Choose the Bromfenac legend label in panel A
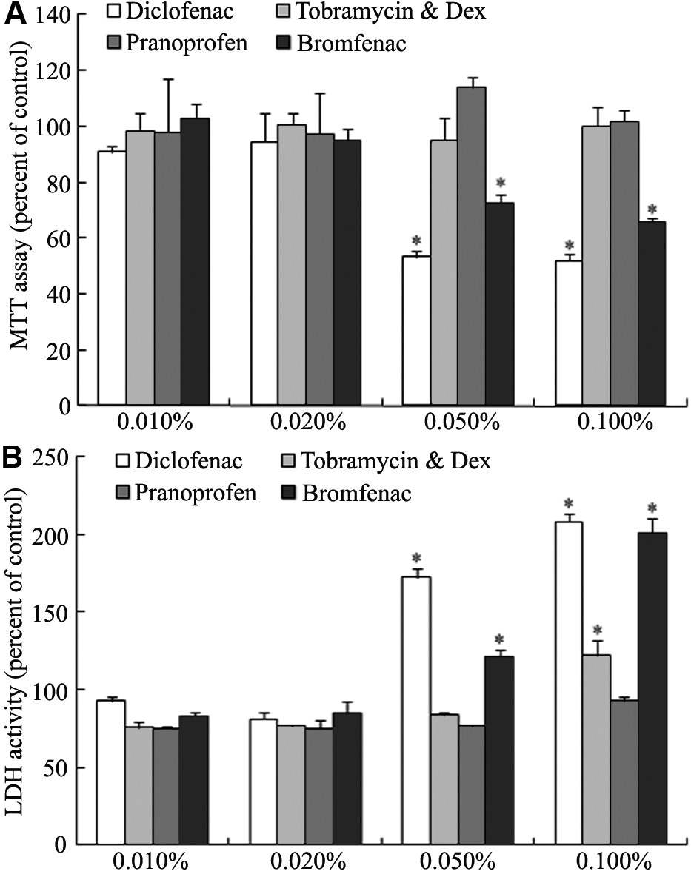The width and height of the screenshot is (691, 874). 352,44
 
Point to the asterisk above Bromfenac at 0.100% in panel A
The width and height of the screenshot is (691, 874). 652,209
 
